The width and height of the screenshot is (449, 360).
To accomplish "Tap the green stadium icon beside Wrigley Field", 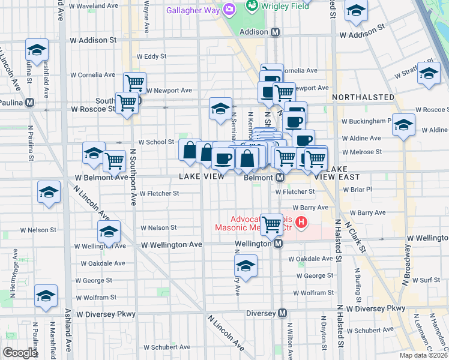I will (252, 8).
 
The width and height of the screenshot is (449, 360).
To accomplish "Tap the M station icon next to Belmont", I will (280, 178).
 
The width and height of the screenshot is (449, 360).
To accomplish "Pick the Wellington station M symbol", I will (279, 244).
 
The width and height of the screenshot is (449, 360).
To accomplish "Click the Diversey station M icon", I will (282, 313).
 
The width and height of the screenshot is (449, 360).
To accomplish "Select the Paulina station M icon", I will (46, 103).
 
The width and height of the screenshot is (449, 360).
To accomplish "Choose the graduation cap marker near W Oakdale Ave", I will (245, 266).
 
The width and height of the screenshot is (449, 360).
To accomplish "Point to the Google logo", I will (20, 352).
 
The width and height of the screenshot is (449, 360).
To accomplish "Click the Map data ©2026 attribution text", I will (423, 355).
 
